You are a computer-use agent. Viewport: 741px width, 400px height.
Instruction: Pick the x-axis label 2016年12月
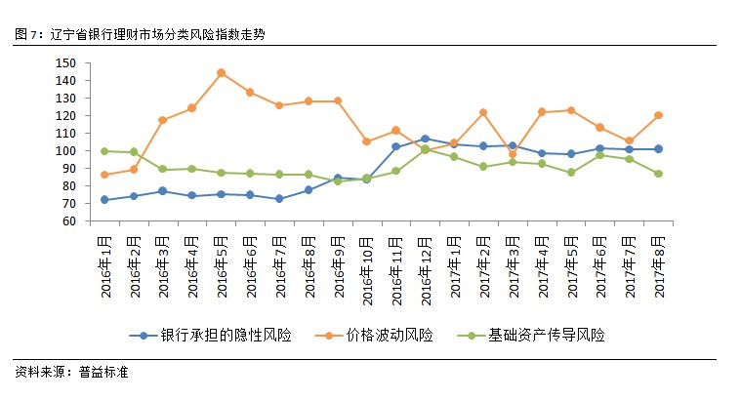[x=425, y=263]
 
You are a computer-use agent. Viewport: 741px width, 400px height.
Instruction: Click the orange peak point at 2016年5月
[x=221, y=72]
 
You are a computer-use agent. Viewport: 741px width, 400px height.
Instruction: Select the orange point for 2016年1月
[x=104, y=175]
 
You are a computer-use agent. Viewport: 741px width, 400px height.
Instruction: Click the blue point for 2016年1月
[x=104, y=200]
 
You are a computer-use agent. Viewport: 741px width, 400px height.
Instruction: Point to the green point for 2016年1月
[x=104, y=151]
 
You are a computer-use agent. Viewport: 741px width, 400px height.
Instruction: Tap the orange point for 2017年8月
[x=658, y=115]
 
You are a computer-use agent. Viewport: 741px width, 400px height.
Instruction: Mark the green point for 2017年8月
[x=658, y=174]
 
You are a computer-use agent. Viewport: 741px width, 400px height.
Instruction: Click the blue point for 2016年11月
[x=395, y=147]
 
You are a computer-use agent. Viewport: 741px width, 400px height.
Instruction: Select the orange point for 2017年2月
[x=483, y=112]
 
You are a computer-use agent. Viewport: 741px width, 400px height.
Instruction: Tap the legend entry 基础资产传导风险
[x=532, y=336]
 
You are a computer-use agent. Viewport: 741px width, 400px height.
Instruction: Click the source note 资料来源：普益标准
[x=72, y=372]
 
